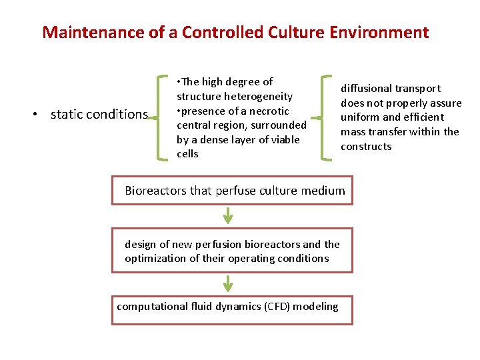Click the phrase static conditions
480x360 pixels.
pos(99,115)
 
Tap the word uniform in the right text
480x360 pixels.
pos(360,117)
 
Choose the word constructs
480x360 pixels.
pos(366,147)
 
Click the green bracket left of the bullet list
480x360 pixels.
pos(160,118)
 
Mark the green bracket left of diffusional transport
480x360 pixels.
pos(325,118)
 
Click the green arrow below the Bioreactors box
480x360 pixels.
pos(228,215)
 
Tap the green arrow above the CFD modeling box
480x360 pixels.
pos(228,283)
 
